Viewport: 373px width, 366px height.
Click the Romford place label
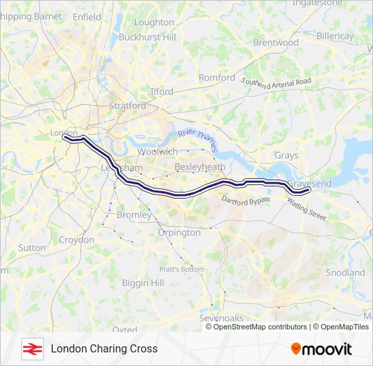pos(216,78)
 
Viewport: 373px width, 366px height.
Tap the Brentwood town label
pos(275,42)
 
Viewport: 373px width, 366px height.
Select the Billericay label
pos(334,35)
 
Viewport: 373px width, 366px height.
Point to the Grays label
pos(286,155)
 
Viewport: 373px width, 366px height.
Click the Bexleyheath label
pos(199,166)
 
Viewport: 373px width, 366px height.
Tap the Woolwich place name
pos(157,152)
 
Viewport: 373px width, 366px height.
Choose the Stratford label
pos(127,106)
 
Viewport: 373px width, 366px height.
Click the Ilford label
pos(161,91)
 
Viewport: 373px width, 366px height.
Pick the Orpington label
pos(179,232)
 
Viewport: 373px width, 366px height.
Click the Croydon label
pos(77,240)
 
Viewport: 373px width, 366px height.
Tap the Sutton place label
pos(32,248)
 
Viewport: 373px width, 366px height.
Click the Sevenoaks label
pos(221,318)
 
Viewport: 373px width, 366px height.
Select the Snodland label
pos(345,272)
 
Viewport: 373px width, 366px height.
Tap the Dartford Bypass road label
pos(246,200)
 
